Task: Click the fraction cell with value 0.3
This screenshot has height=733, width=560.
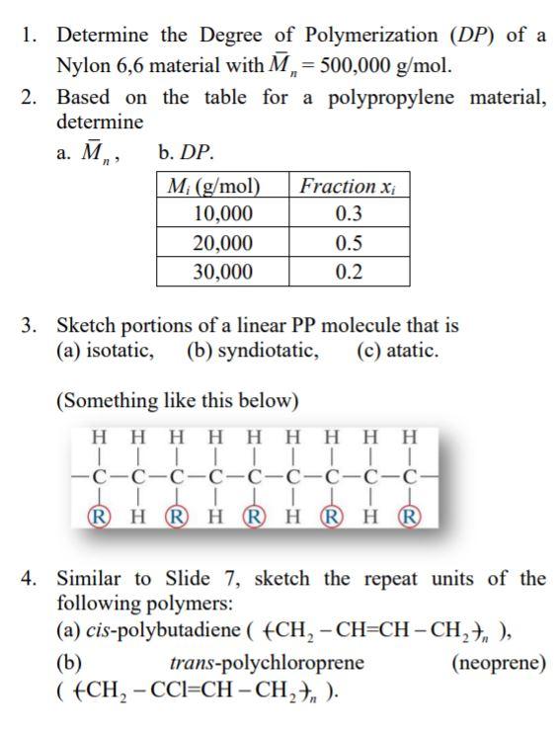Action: coord(349,213)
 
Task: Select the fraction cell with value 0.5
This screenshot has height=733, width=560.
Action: coord(349,243)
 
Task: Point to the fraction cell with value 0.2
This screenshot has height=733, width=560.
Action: coord(349,272)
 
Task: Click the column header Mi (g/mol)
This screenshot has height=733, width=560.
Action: coord(222,186)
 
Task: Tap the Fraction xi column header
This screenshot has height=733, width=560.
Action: coord(349,186)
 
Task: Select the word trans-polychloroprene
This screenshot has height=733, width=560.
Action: coord(267,662)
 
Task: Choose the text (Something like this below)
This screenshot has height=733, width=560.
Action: coord(177,400)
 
